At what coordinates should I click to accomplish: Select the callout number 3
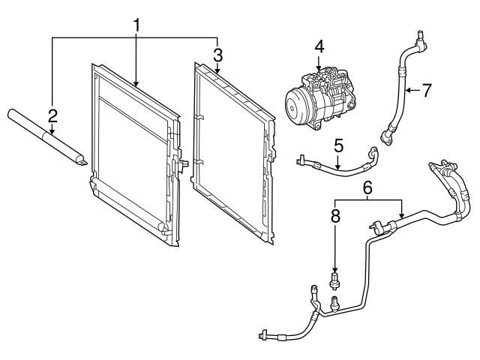[217, 54]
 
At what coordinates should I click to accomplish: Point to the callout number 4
[319, 46]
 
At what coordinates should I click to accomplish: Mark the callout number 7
[426, 91]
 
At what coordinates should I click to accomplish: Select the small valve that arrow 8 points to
[335, 282]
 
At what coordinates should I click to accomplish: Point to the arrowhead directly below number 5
[338, 163]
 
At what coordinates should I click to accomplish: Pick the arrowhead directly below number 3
[217, 73]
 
